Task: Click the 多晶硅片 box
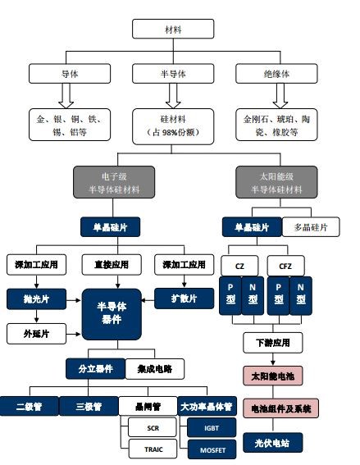(310, 226)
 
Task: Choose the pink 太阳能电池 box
(273, 376)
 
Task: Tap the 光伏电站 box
(273, 442)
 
